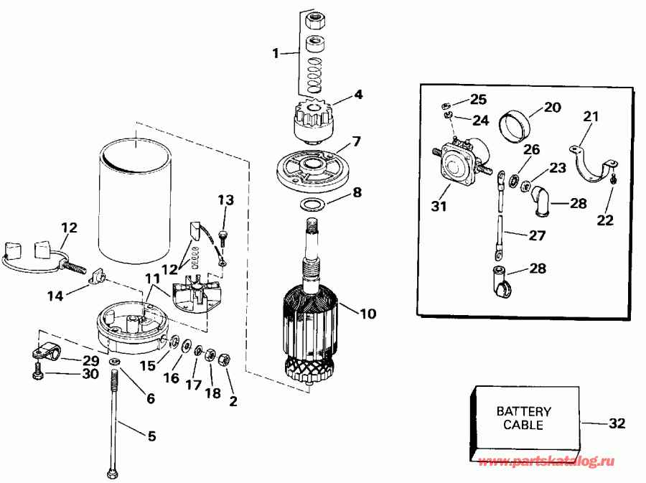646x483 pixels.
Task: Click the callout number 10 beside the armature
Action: click(368, 313)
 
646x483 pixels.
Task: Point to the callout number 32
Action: click(617, 423)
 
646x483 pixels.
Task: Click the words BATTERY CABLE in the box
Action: click(524, 418)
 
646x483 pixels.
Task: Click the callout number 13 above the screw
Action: click(225, 200)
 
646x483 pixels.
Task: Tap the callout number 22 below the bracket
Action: click(605, 220)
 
